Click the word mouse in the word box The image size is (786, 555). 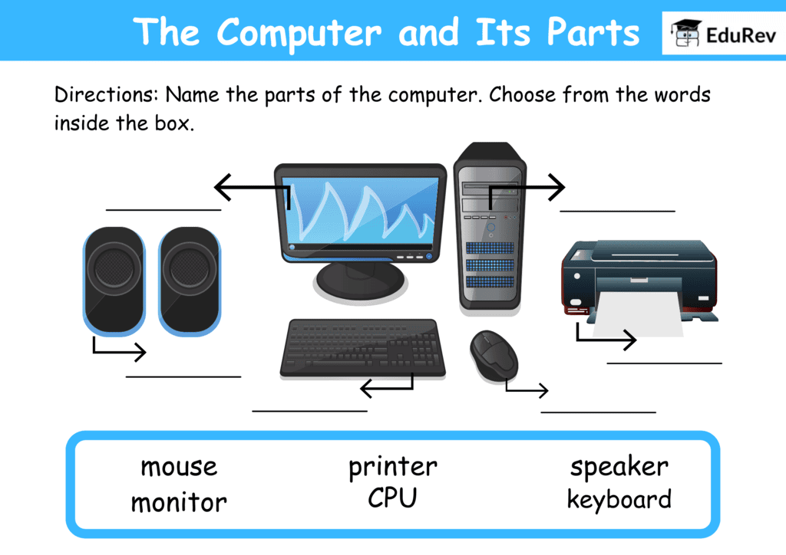(x=178, y=466)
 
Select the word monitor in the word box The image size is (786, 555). (x=178, y=503)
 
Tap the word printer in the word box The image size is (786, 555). (x=392, y=465)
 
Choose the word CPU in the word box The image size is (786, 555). (x=392, y=498)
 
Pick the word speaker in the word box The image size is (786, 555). (x=619, y=466)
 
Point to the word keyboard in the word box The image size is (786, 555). (x=619, y=500)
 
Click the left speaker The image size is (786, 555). (x=114, y=281)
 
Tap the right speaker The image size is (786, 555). (x=190, y=281)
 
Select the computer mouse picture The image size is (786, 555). (x=493, y=354)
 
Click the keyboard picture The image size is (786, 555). (x=362, y=348)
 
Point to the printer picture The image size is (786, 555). (x=639, y=276)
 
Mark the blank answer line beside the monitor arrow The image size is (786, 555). (x=163, y=209)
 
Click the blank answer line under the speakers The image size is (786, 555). (x=183, y=376)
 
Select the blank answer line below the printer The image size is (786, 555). (x=664, y=363)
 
